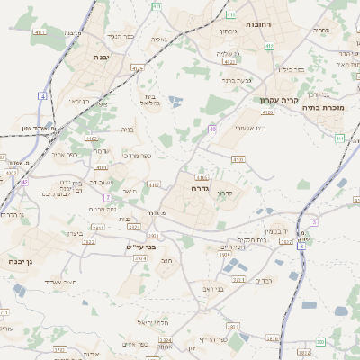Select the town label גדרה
coord(200,189)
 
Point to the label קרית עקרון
coord(277,101)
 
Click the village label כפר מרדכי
coord(133,156)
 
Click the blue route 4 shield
coord(42,95)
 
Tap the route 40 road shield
coord(212,130)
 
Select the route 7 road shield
coord(106,197)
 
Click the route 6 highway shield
coord(313,221)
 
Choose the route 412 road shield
coord(230,62)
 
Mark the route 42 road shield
coord(25,182)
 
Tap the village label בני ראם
coord(213,289)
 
